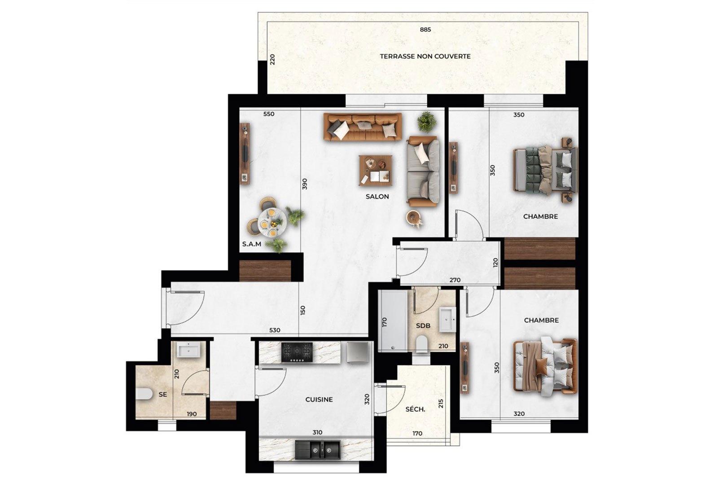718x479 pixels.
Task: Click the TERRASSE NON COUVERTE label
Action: [425, 57]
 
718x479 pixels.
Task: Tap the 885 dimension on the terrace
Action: [425, 30]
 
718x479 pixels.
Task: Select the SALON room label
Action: [377, 197]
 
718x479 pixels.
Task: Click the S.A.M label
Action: [252, 244]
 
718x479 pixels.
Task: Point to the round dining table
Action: [272, 222]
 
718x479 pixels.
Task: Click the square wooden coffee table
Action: [376, 171]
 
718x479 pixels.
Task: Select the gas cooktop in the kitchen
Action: [297, 352]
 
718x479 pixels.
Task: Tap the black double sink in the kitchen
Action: [318, 450]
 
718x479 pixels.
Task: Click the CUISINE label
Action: [319, 400]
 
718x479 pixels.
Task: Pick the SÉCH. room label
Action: [415, 409]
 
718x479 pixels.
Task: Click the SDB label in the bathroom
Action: [423, 326]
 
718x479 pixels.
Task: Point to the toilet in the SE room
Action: [144, 394]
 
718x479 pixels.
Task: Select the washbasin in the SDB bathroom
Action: [447, 319]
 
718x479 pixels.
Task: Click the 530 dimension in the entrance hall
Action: [275, 330]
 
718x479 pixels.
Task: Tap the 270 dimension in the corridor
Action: [455, 280]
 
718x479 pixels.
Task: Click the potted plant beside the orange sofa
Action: [427, 122]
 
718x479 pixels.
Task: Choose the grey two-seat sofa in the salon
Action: [423, 171]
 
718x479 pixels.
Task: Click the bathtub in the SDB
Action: [393, 321]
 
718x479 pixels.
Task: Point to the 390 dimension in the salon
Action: [305, 184]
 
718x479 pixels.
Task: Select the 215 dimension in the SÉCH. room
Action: [441, 403]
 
